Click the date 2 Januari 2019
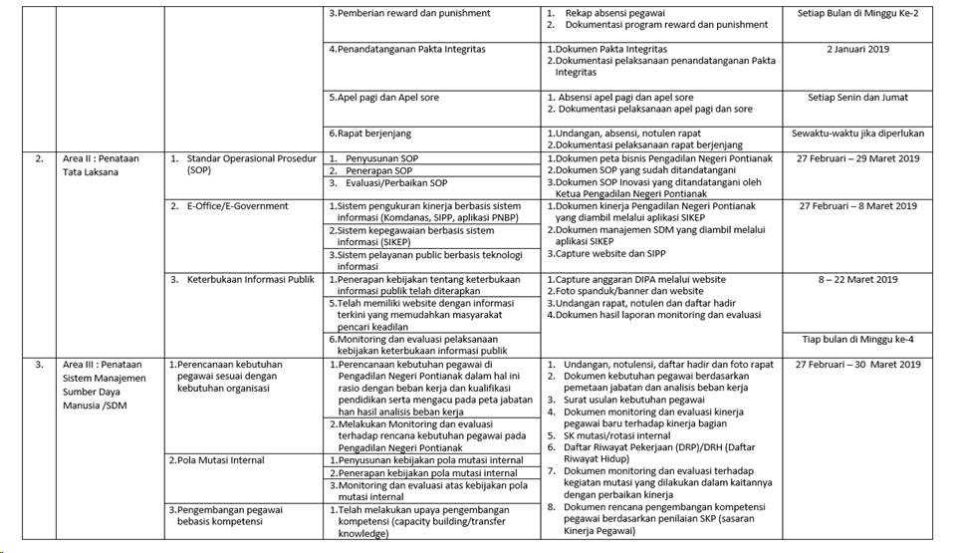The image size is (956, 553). click(x=857, y=49)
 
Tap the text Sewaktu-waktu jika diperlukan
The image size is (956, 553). click(x=857, y=134)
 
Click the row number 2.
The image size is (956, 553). click(x=40, y=158)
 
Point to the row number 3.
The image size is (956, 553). click(x=40, y=365)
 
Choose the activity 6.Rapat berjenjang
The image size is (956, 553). click(x=369, y=134)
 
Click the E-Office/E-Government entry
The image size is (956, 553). click(x=237, y=206)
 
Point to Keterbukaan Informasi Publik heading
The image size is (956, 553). click(x=250, y=280)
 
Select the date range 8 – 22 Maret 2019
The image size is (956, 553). click(x=857, y=280)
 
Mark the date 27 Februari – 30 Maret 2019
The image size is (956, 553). click(x=857, y=365)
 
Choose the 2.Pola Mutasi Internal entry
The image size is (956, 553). click(x=216, y=460)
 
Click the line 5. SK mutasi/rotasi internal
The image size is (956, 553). click(x=616, y=435)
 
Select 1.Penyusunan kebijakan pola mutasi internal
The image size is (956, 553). click(x=425, y=460)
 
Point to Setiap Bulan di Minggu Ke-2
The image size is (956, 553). click(x=857, y=13)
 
